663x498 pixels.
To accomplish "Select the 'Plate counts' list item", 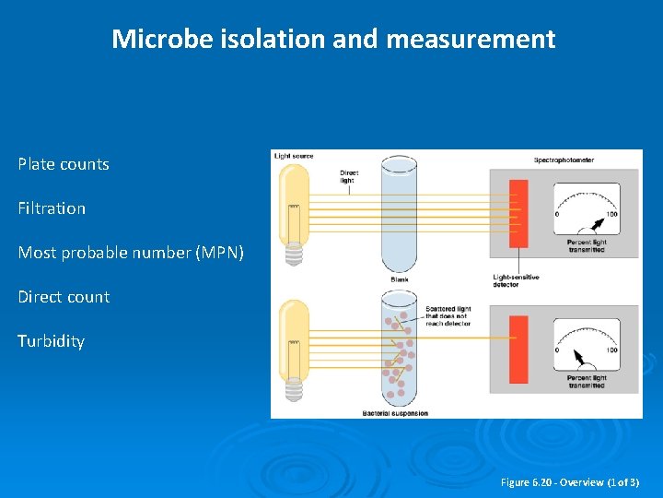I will coord(64,164).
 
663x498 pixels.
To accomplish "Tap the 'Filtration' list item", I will coord(52,208).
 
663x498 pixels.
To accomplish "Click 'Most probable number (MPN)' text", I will coord(131,253).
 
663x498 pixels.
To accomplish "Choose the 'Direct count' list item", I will coord(64,297).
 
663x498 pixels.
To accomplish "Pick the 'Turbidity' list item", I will coord(52,341).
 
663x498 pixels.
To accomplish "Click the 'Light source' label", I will coord(294,156).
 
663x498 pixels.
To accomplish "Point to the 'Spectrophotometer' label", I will coord(564,160).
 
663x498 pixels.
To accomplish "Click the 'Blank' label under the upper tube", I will coord(400,279).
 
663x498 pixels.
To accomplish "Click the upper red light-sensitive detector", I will coord(518,213).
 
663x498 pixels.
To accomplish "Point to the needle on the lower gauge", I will coord(579,355).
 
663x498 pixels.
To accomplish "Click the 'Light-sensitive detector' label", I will coord(516,280).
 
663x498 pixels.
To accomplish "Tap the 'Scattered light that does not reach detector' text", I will coord(448,316).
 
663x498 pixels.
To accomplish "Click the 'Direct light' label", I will coord(349,175).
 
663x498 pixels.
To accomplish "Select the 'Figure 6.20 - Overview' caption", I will coord(569,482).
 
